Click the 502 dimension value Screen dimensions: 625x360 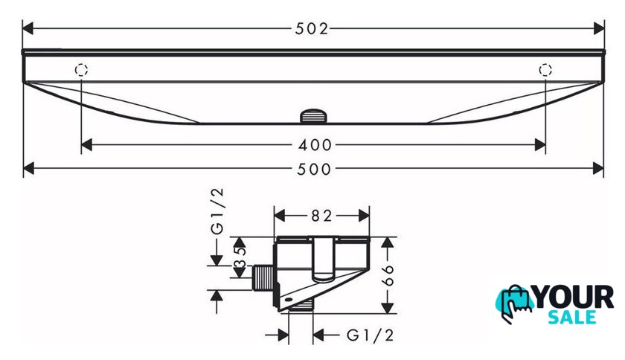312,29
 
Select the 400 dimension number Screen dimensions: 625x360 315,145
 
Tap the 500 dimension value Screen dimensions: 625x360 314,169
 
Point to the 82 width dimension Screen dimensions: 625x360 321,216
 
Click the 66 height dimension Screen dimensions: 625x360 388,275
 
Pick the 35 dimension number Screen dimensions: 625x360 240,257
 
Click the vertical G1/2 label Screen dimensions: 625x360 217,211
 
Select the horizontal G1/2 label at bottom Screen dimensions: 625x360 371,335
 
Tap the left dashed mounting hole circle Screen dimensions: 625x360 81,70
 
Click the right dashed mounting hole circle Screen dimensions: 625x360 545,70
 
